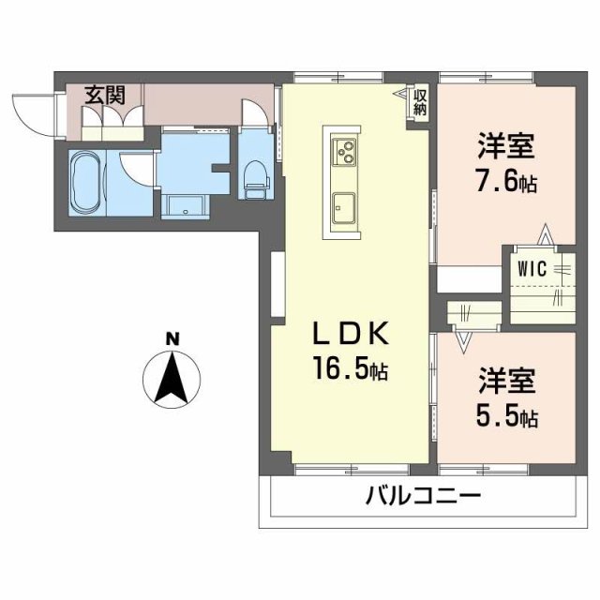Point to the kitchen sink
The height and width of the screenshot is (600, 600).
[x=342, y=202]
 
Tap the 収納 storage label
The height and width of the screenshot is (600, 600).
[x=421, y=101]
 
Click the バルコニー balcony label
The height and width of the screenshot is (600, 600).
[x=423, y=494]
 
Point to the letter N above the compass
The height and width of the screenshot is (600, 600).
[x=172, y=338]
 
